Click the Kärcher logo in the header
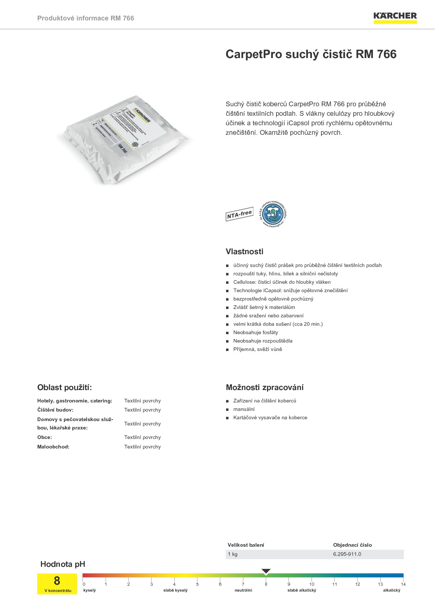pyautogui.click(x=395, y=17)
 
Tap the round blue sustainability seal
pyautogui.click(x=273, y=214)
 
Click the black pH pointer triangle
pyautogui.click(x=266, y=571)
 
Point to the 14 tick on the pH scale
pyautogui.click(x=403, y=584)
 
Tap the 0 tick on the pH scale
pyautogui.click(x=84, y=584)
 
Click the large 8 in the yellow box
pyautogui.click(x=57, y=580)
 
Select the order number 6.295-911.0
pyautogui.click(x=347, y=554)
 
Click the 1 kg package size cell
pyautogui.click(x=233, y=554)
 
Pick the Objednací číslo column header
pyautogui.click(x=352, y=545)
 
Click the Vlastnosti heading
pyautogui.click(x=244, y=252)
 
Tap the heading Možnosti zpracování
pyautogui.click(x=264, y=387)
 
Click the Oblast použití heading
pyautogui.click(x=65, y=387)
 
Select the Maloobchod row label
pyautogui.click(x=53, y=447)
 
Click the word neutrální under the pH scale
pyautogui.click(x=243, y=590)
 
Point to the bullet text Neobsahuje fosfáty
pyautogui.click(x=256, y=332)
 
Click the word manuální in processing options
pyautogui.click(x=244, y=409)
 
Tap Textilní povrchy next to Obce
pyautogui.click(x=142, y=437)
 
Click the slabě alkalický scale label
pyautogui.click(x=302, y=590)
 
